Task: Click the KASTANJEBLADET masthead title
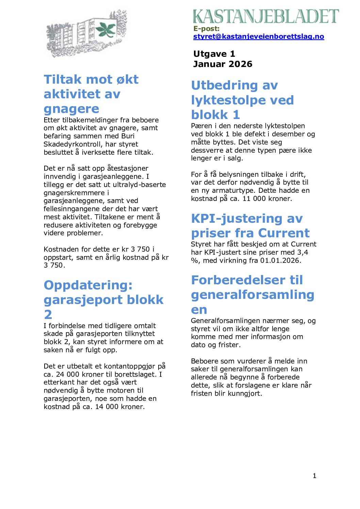266,16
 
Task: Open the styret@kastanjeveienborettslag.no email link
258,36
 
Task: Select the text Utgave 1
214,54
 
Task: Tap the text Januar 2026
223,64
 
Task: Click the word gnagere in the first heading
71,108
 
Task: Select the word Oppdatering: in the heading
88,285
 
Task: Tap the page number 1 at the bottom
314,476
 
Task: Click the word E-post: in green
207,29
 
